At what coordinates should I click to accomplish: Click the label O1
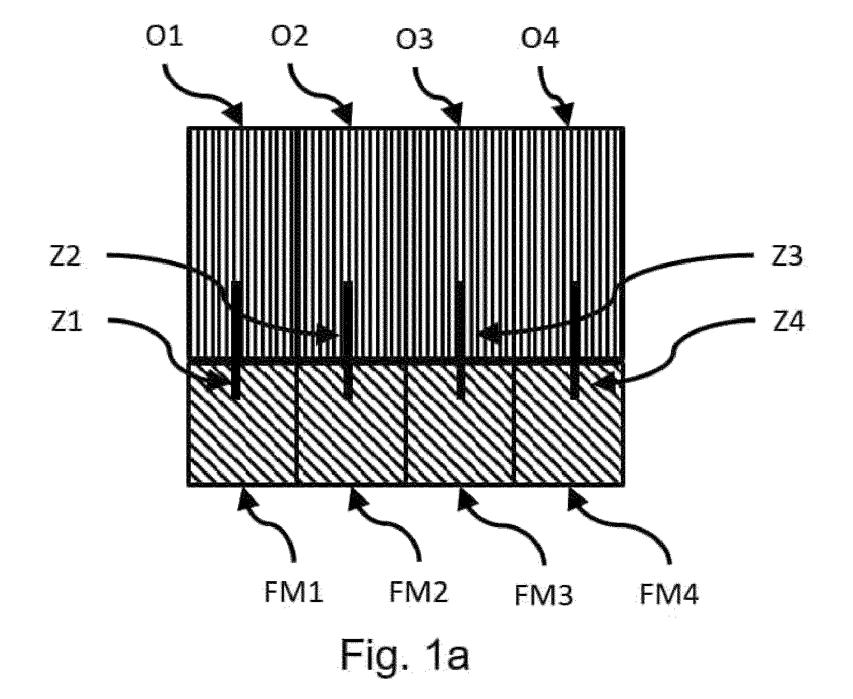164,37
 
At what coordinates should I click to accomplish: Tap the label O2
289,36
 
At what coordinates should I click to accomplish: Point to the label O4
540,39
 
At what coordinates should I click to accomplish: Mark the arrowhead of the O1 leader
235,115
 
